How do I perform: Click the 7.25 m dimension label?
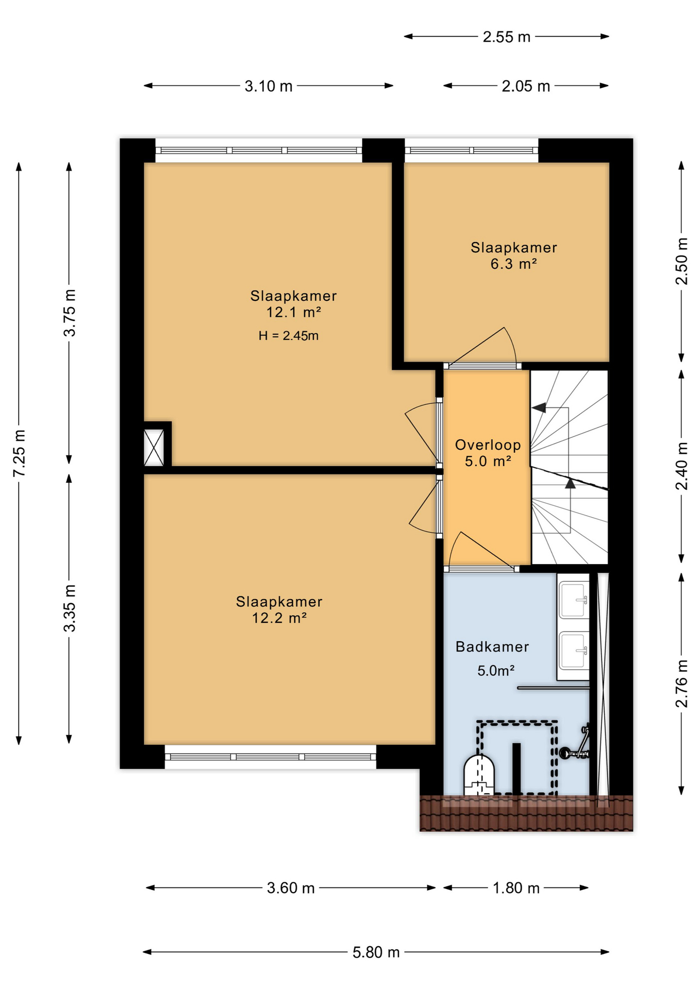click(19, 453)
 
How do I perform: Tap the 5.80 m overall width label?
click(376, 952)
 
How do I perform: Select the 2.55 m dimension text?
click(506, 37)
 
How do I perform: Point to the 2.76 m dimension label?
click(681, 684)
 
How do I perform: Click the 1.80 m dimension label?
click(516, 888)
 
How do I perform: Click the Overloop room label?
click(488, 445)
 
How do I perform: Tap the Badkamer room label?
click(492, 647)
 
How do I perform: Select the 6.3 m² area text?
click(513, 264)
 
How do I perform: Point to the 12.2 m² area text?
click(279, 618)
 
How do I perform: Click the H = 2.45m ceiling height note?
click(288, 336)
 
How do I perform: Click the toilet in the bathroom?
click(479, 775)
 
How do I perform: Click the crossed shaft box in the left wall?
click(154, 448)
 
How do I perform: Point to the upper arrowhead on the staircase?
click(539, 408)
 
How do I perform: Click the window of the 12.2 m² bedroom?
click(271, 757)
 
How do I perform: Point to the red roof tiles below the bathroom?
click(526, 813)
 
